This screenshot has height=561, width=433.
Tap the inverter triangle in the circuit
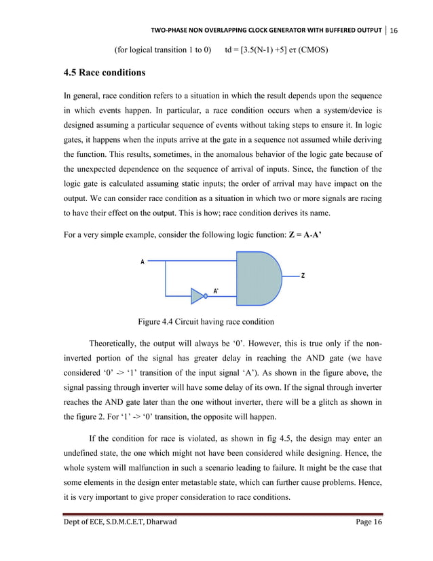click(197, 295)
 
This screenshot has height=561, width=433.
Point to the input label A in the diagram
click(143, 261)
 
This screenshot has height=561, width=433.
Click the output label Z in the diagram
click(303, 276)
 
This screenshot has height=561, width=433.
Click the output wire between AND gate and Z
click(290, 276)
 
